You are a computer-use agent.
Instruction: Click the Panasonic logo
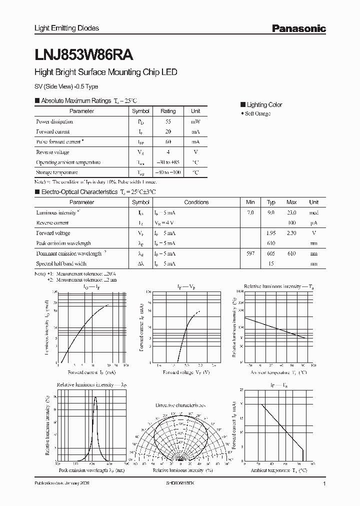click(x=298, y=28)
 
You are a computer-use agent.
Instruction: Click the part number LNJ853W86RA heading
click(x=83, y=52)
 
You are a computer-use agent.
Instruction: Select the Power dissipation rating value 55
click(x=168, y=121)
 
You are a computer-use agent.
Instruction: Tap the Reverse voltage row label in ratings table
click(x=52, y=152)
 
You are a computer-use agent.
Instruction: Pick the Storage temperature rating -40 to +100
click(x=168, y=172)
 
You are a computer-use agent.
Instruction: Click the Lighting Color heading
click(x=264, y=104)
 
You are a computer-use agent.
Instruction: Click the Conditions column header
click(x=196, y=202)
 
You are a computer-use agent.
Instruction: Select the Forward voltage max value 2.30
click(x=291, y=233)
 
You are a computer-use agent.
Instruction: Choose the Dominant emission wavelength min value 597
click(x=250, y=253)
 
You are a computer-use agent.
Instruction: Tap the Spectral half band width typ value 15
click(x=271, y=263)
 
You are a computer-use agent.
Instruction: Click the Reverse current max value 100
click(x=291, y=222)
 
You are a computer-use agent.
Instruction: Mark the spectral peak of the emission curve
click(x=95, y=397)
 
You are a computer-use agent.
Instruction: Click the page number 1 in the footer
click(x=324, y=484)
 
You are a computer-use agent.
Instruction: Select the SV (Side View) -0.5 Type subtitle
click(x=66, y=86)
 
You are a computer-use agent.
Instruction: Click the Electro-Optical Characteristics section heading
click(x=95, y=191)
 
